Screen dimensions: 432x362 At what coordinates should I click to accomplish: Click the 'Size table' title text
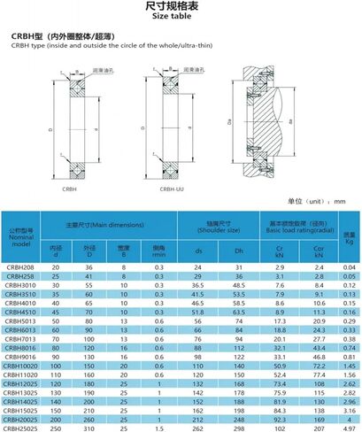click(x=181, y=15)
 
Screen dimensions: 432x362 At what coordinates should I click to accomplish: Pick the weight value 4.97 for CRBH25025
click(x=349, y=427)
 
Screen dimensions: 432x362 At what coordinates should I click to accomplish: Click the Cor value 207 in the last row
click(x=318, y=427)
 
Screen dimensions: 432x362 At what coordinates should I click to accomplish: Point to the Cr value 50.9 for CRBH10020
click(x=280, y=365)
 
